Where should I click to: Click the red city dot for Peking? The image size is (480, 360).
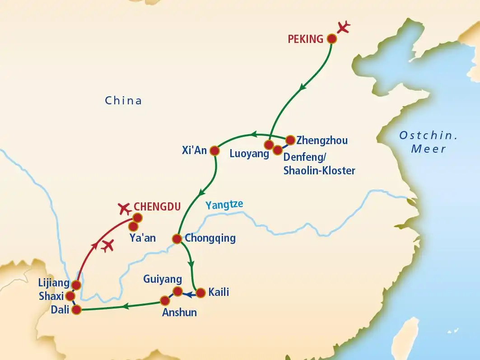[x=332, y=39]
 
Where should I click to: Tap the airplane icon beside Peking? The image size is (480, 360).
[x=344, y=27]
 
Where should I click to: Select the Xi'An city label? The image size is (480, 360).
[x=194, y=150]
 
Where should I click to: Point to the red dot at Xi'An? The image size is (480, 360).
[x=214, y=150]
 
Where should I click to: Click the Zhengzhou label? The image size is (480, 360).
[x=322, y=140]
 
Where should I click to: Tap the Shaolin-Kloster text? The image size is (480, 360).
[x=319, y=170]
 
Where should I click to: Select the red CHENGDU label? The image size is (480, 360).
[x=157, y=207]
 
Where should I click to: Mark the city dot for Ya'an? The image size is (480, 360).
[x=134, y=226]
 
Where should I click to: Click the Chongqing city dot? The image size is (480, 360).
[x=177, y=238]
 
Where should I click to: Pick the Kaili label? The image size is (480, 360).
[x=219, y=292]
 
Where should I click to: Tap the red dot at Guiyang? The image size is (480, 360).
[x=178, y=291]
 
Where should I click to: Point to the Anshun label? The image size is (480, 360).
[x=179, y=312]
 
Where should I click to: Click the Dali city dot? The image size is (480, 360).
[x=76, y=310]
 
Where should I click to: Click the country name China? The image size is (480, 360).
[x=123, y=100]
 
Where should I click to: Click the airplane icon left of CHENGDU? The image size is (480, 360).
[x=123, y=208]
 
